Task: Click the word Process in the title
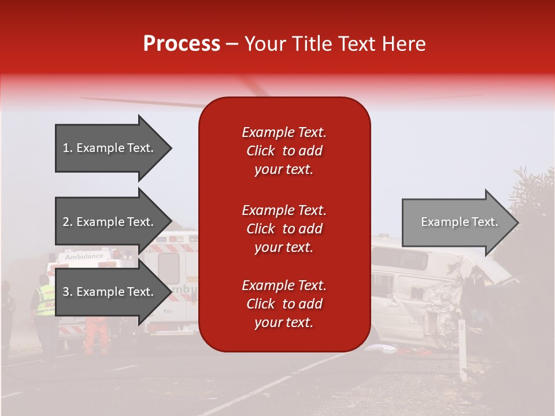[x=182, y=44]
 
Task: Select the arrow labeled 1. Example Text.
[x=110, y=148]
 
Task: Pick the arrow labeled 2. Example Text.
[x=110, y=222]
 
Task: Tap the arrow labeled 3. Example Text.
[x=110, y=292]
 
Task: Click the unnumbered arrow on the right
[x=457, y=222]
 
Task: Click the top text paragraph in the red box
[x=284, y=151]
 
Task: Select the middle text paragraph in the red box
[x=284, y=229]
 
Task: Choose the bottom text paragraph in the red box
[x=284, y=304]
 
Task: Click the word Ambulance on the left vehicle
[x=84, y=256]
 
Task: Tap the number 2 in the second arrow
[x=66, y=222]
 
